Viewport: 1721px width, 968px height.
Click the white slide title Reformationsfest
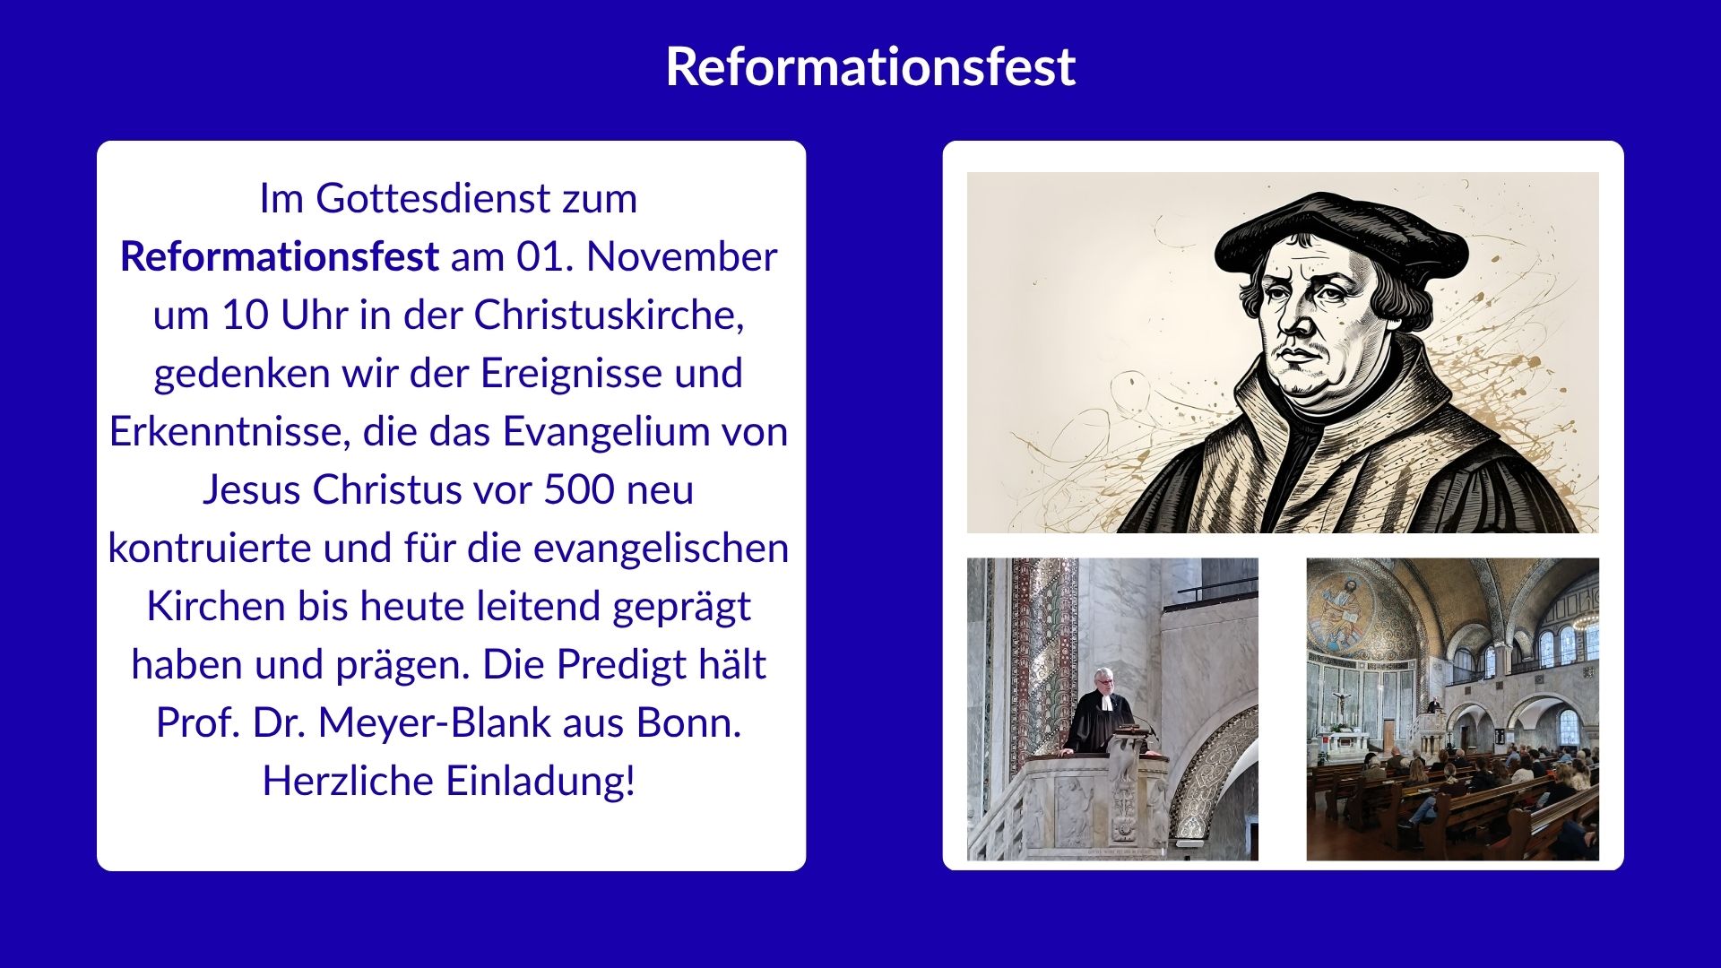click(870, 66)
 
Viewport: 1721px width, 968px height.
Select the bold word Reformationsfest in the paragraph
click(280, 257)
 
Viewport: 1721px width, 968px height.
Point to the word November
click(681, 257)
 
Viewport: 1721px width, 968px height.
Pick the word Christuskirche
click(610, 315)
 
